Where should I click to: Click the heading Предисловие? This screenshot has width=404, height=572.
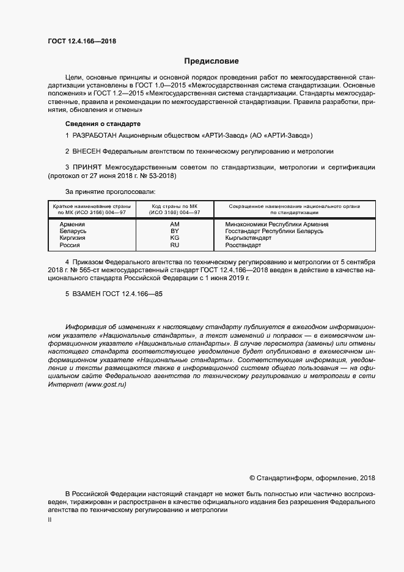point(211,61)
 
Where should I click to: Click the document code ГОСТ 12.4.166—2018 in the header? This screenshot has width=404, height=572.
point(81,41)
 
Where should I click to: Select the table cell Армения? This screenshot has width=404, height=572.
point(72,225)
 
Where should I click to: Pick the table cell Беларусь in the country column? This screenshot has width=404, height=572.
point(73,231)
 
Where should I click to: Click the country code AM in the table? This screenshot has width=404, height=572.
point(174,225)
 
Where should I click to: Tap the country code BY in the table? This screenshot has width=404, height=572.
point(174,231)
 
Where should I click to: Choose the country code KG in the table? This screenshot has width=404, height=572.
point(174,238)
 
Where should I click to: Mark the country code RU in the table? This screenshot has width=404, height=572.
point(174,245)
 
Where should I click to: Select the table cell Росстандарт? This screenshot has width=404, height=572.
point(243,245)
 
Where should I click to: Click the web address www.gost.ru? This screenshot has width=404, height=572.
point(106,384)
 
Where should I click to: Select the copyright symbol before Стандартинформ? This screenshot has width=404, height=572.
point(253,477)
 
